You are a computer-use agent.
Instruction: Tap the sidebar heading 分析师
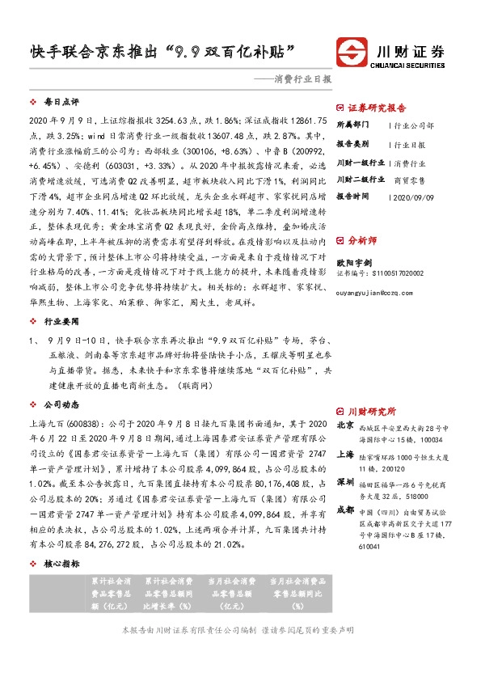(361, 263)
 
